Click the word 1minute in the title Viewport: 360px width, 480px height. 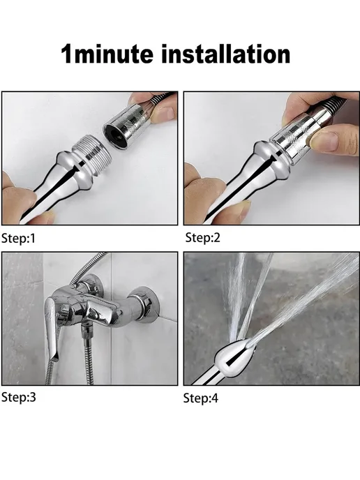pos(107,54)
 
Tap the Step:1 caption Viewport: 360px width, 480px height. pos(18,238)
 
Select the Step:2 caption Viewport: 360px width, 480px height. pos(202,237)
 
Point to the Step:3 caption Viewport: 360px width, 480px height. pos(19,397)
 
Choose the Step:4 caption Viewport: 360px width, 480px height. pos(201,398)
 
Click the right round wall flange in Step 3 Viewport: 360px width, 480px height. pos(144,303)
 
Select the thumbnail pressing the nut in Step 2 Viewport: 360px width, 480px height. pos(322,140)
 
